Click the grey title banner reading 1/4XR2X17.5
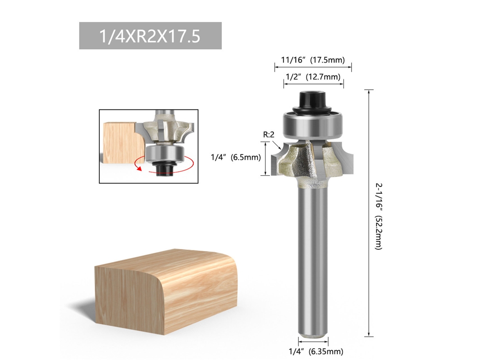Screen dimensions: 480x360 coord(150,35)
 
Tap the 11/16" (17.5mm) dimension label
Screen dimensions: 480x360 coord(313,60)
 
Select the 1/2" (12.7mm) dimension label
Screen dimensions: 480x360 coord(313,77)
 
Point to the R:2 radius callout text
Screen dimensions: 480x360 coord(269,134)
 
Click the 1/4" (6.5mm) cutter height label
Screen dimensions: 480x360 coord(236,157)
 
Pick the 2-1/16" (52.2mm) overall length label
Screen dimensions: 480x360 coord(379,216)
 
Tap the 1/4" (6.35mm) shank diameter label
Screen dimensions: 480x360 coord(316,352)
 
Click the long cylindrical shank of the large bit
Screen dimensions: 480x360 coord(313,260)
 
